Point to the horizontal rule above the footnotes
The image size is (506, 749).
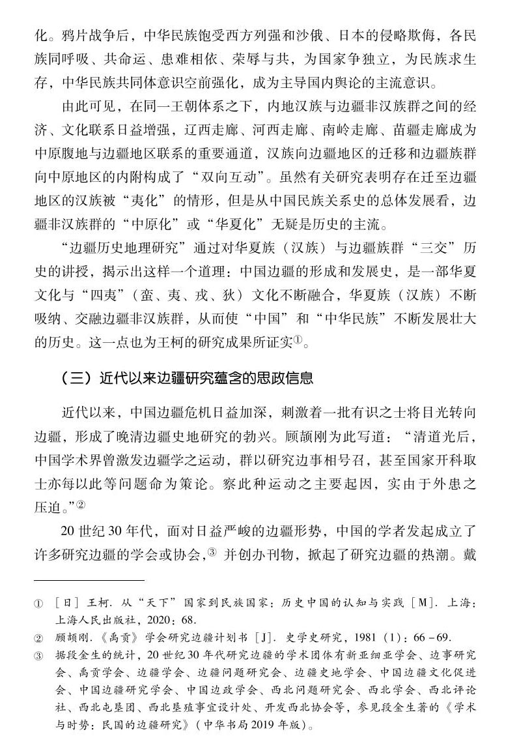(x=89, y=580)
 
